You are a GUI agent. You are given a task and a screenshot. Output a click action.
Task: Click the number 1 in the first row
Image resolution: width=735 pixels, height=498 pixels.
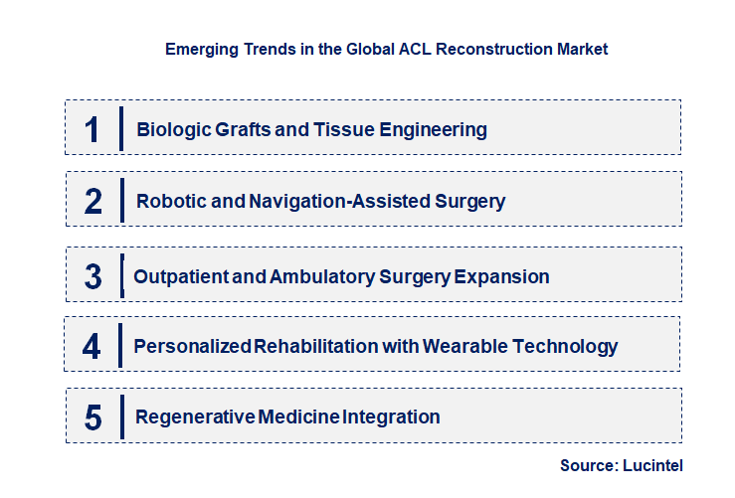click(x=92, y=129)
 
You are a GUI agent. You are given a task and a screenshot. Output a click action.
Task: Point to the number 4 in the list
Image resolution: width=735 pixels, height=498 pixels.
click(x=92, y=347)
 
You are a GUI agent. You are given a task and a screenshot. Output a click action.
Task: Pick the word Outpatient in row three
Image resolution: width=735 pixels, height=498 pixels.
click(x=180, y=276)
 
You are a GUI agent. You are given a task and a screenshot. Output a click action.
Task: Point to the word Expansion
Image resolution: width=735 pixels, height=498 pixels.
click(x=501, y=276)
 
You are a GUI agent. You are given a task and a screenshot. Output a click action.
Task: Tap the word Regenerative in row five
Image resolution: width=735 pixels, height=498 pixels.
click(x=196, y=416)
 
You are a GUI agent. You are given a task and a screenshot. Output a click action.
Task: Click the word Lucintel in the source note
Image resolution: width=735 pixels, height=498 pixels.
click(x=653, y=465)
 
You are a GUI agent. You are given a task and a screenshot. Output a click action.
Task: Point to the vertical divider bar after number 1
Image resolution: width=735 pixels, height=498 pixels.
click(x=120, y=128)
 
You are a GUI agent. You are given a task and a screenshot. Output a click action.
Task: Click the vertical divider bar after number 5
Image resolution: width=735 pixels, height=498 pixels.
click(x=120, y=415)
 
